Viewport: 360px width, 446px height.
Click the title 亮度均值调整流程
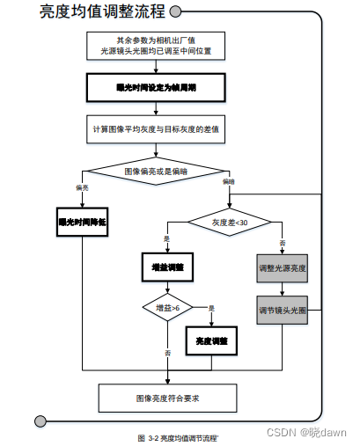click(x=102, y=12)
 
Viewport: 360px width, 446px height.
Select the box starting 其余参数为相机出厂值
click(x=157, y=46)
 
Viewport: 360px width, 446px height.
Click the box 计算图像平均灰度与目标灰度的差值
click(x=157, y=128)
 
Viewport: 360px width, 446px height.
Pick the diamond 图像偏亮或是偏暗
click(x=156, y=170)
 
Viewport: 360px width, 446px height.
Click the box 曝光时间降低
click(x=82, y=223)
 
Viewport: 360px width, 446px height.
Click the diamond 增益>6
click(x=166, y=308)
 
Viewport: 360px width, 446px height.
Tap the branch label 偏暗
click(x=229, y=181)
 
